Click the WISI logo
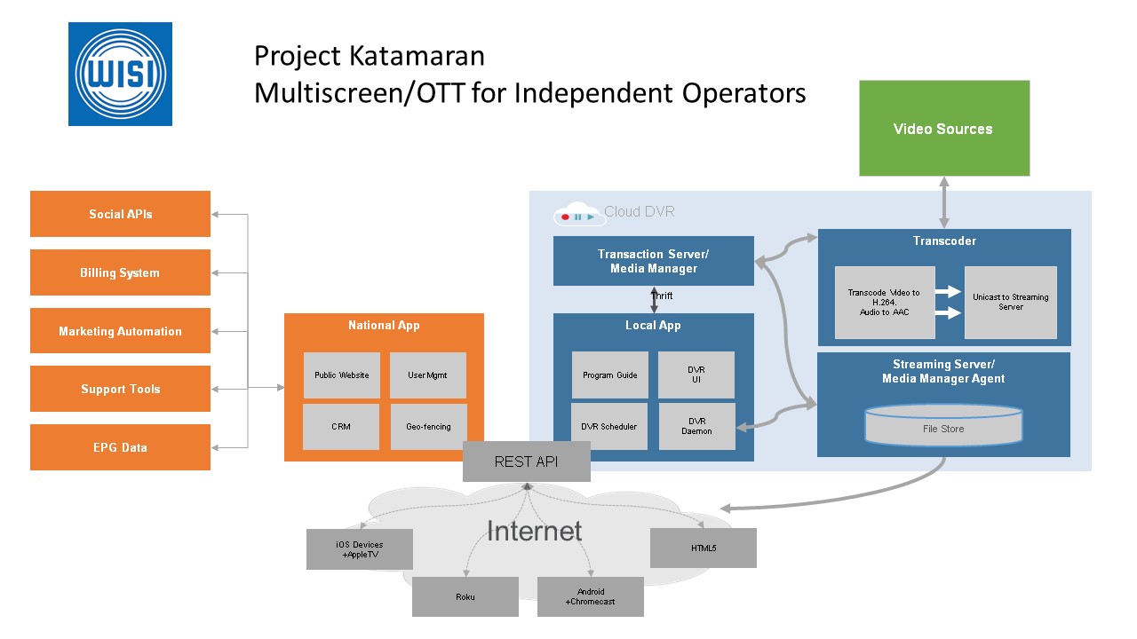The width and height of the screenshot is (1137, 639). point(120,75)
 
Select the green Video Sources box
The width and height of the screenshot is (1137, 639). point(943,129)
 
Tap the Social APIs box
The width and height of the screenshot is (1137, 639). point(120,214)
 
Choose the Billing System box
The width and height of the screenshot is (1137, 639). point(120,272)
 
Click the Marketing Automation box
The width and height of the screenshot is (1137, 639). point(120,331)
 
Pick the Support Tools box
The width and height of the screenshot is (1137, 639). point(120,389)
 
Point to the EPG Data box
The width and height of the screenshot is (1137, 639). point(120,447)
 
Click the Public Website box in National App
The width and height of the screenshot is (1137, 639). point(341,375)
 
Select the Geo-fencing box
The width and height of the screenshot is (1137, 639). point(428,427)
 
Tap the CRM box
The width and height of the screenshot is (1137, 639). point(341,427)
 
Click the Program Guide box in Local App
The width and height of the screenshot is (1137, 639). point(609,375)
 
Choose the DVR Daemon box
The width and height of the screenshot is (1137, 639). point(696,427)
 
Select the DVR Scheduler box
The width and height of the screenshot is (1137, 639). point(609,427)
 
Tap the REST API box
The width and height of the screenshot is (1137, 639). point(526,462)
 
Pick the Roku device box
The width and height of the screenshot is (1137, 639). point(465,596)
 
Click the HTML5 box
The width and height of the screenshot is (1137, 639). point(703,548)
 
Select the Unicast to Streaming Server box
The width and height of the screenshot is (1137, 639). point(1010,303)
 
